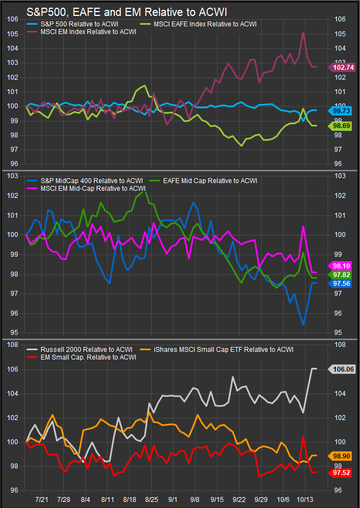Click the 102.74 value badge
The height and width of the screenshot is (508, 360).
coord(342,67)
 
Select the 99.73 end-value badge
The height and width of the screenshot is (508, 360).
coord(342,111)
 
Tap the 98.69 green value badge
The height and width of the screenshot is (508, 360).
coord(342,126)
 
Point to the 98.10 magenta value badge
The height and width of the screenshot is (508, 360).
coord(342,264)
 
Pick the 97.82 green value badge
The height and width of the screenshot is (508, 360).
coord(342,274)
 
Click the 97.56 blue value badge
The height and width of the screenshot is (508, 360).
coord(342,283)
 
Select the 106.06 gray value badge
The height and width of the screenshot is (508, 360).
coord(342,370)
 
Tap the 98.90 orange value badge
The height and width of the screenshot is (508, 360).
coord(342,456)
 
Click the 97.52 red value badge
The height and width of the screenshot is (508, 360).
coord(342,472)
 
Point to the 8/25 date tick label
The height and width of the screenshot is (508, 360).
coord(151,499)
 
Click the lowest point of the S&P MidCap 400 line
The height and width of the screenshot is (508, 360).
coord(303,325)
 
